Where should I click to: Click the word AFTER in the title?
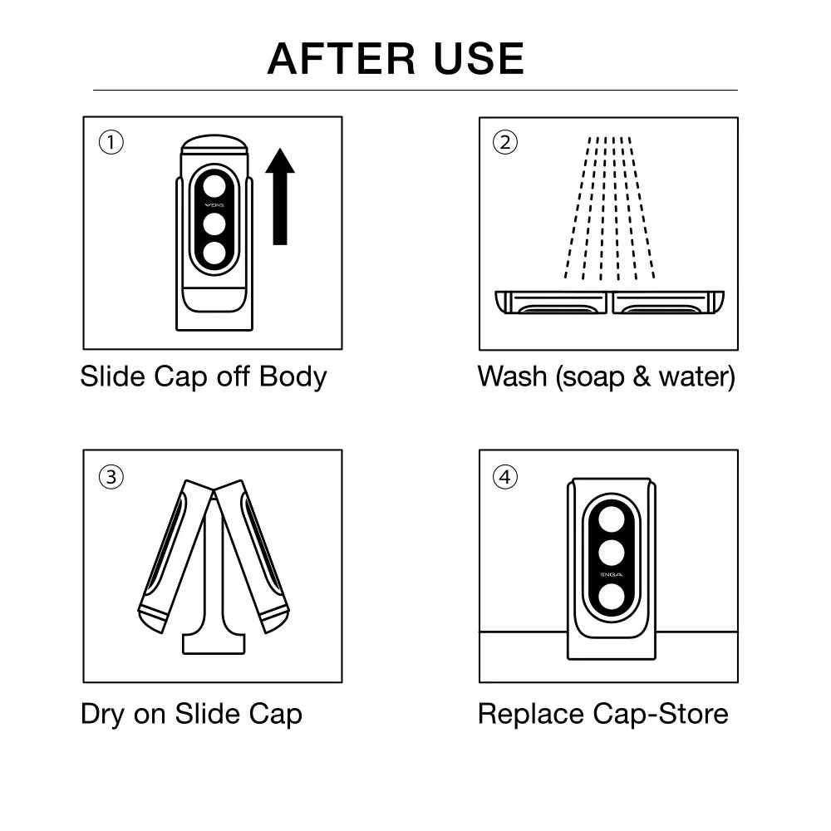[340, 59]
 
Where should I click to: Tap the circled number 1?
[111, 143]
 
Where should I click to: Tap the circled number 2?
[505, 143]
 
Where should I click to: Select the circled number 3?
[111, 477]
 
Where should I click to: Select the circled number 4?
[505, 478]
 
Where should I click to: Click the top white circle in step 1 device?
[214, 184]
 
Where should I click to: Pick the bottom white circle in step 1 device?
[214, 253]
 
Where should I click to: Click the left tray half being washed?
[552, 302]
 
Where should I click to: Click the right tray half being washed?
[667, 302]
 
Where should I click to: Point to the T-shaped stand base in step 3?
[214, 642]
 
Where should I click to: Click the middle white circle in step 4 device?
[611, 553]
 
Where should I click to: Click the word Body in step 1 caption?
[293, 376]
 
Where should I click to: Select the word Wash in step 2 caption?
[512, 376]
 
